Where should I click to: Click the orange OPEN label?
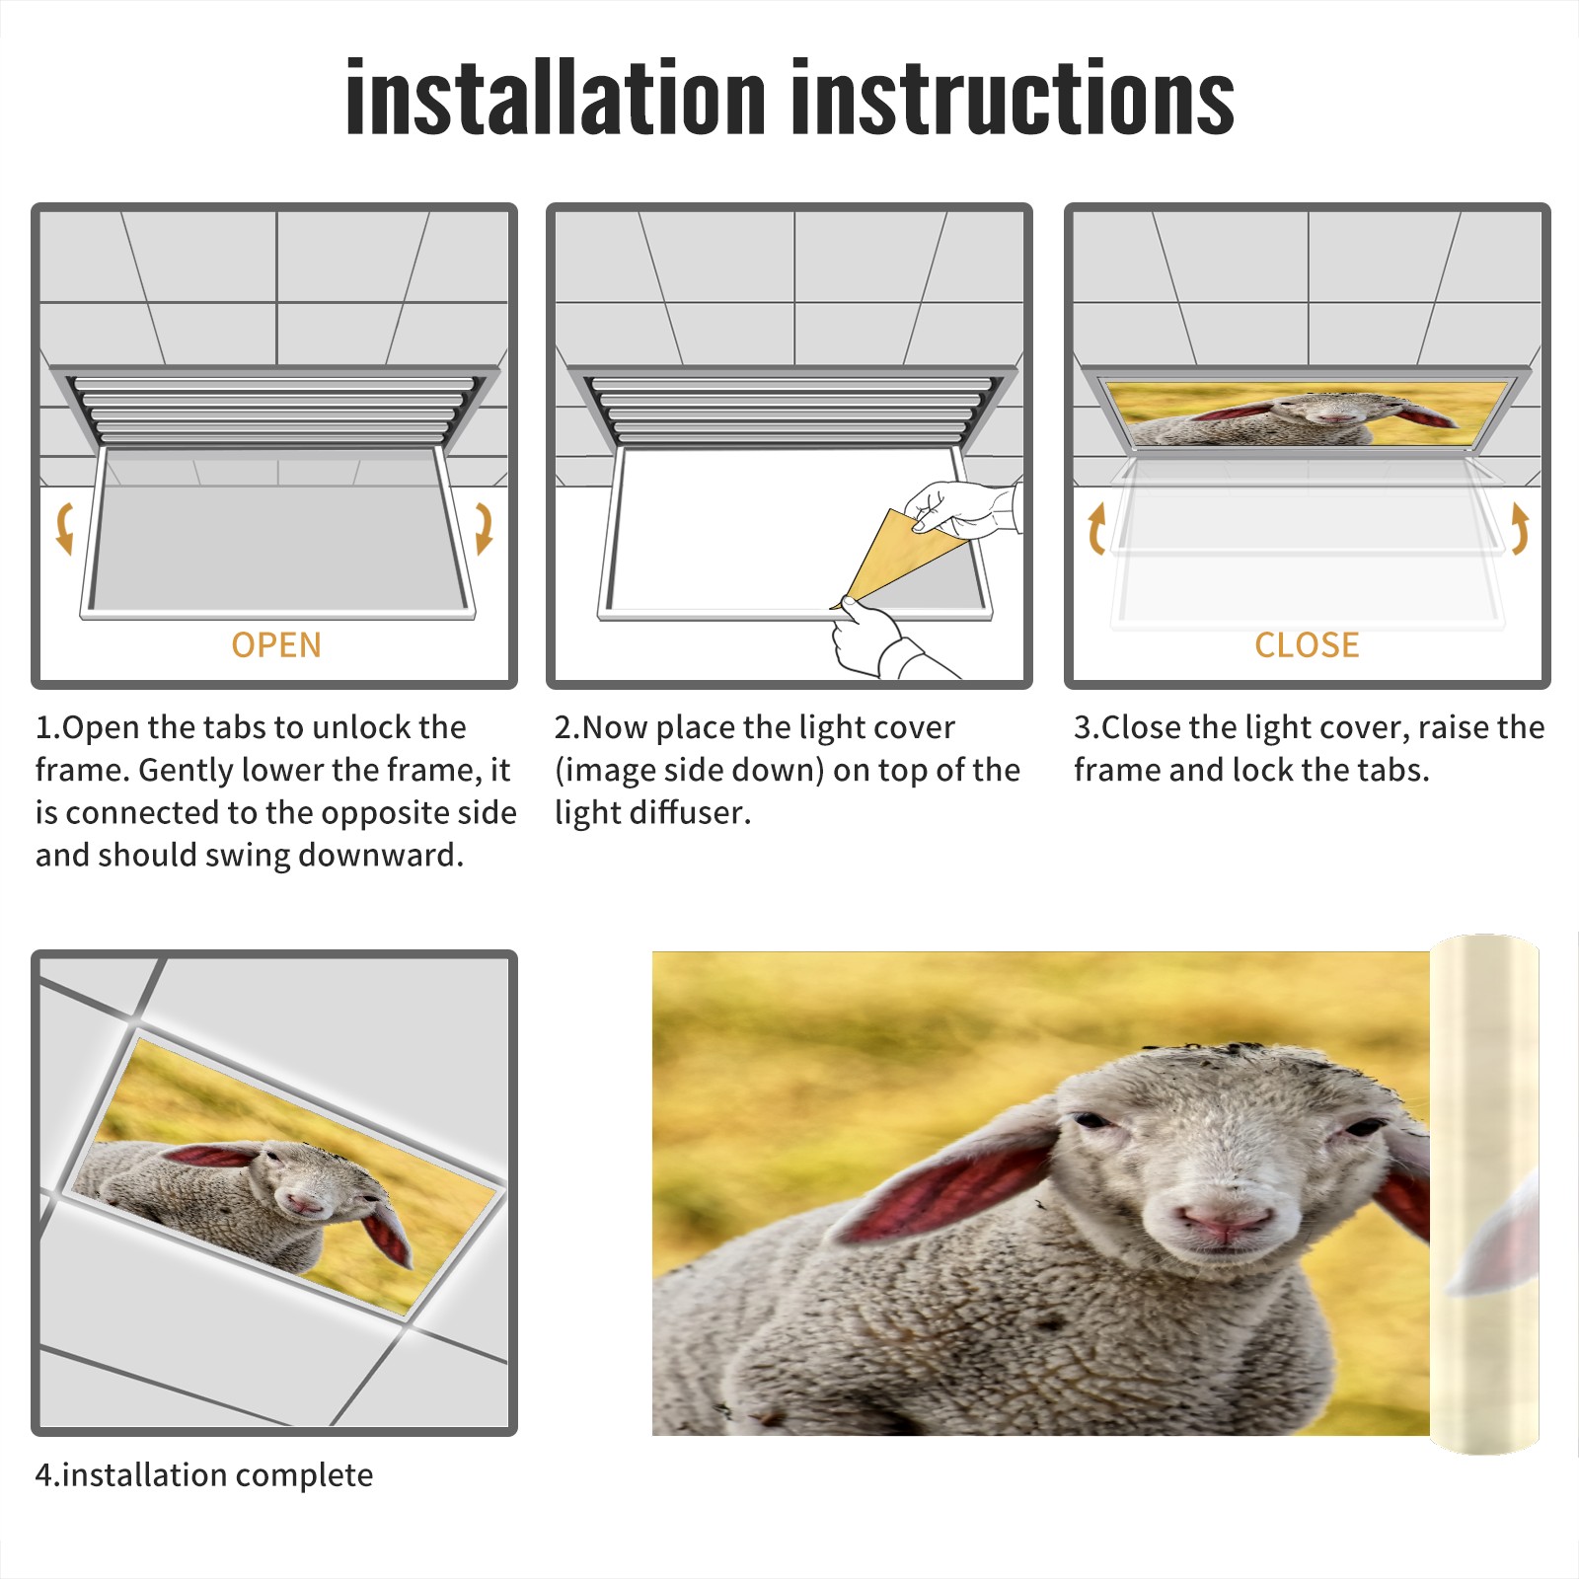(276, 645)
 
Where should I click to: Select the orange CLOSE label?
(1307, 645)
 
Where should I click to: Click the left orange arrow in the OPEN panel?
(64, 528)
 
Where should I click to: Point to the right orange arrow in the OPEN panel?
(484, 528)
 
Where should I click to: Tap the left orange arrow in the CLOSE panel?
(1096, 528)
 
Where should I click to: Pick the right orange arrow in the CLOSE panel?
(1520, 528)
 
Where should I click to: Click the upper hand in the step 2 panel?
(962, 508)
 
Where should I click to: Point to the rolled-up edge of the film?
(1484, 1194)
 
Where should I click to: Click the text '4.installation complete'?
(204, 1475)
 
